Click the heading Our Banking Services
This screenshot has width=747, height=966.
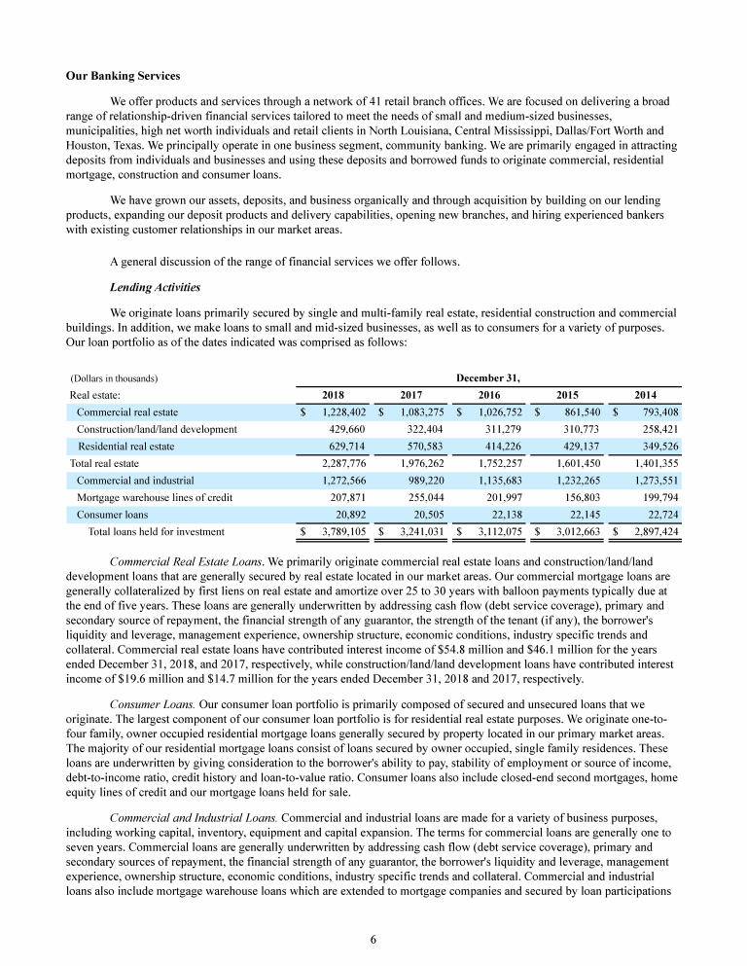pyautogui.click(x=123, y=75)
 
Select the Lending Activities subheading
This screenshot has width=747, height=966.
pyautogui.click(x=156, y=288)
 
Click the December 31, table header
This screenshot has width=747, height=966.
pyautogui.click(x=488, y=377)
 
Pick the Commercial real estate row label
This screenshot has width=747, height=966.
pyautogui.click(x=127, y=412)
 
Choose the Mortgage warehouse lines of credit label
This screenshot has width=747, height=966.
pyautogui.click(x=155, y=497)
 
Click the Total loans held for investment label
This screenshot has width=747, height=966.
pyautogui.click(x=157, y=531)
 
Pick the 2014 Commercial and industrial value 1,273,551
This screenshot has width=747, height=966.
pyautogui.click(x=653, y=480)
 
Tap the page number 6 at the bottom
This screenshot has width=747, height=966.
pyautogui.click(x=373, y=939)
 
